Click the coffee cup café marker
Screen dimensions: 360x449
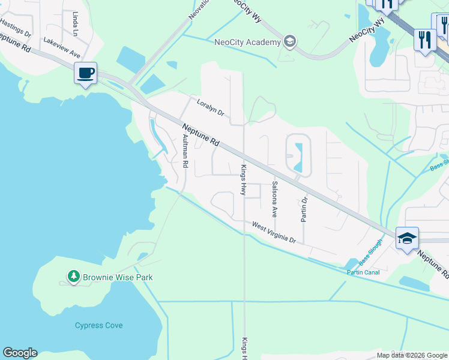(x=85, y=74)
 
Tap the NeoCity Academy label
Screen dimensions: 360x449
(x=247, y=42)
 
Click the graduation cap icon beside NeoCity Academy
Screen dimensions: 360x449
(x=290, y=41)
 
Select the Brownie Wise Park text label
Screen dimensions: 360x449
(x=118, y=277)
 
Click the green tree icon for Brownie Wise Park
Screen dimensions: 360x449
(x=73, y=277)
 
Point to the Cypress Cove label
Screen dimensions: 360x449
(x=98, y=325)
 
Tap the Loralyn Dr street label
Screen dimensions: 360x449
(x=210, y=108)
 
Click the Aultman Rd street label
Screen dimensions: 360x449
(x=185, y=151)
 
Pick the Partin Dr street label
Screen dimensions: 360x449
(x=304, y=209)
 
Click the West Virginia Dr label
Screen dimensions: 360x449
(x=274, y=232)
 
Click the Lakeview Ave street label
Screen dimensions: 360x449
(x=61, y=47)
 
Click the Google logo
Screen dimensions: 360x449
(x=20, y=353)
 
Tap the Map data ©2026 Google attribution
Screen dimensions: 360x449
(x=412, y=355)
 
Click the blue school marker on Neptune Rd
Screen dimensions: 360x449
(x=407, y=238)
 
